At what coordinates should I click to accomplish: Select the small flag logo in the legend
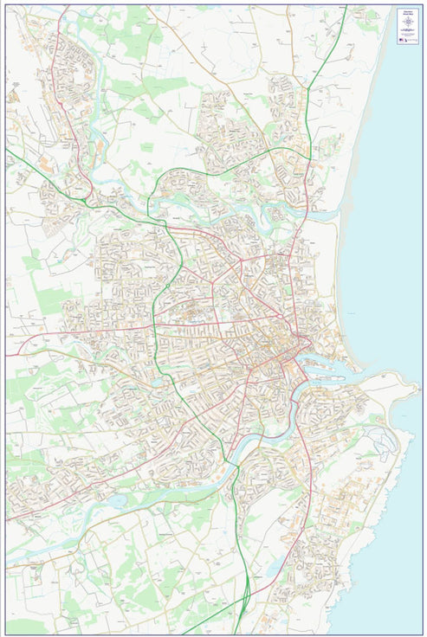pos(401,40)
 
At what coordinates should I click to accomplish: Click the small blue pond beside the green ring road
pos(156,382)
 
